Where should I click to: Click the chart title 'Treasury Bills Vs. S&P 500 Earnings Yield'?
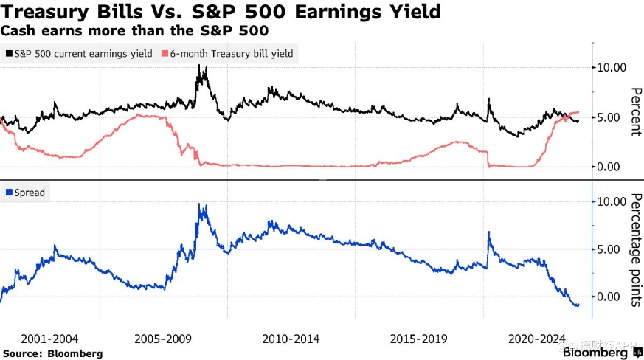point(221,12)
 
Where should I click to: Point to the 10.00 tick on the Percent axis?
point(613,68)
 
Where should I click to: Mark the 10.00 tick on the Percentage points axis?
point(613,201)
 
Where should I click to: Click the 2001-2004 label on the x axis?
point(49,339)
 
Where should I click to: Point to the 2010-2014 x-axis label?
point(291,339)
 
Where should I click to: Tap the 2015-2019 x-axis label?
point(418,339)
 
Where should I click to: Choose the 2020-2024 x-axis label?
point(538,339)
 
